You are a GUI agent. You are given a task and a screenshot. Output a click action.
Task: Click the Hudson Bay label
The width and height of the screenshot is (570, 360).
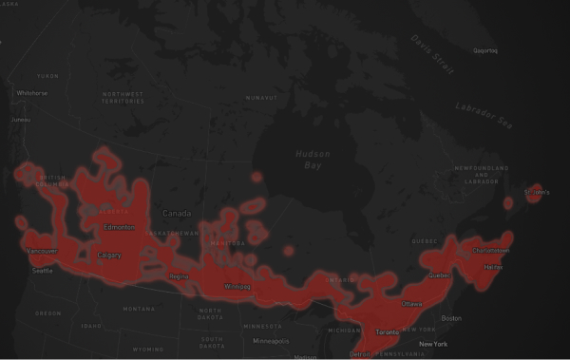311,159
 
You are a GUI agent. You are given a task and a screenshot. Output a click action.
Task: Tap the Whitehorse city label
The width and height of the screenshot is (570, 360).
31,93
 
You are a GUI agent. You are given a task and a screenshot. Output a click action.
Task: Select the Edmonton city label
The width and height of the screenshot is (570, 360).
118,227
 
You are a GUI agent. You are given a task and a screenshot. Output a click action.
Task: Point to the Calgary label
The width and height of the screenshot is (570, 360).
108,255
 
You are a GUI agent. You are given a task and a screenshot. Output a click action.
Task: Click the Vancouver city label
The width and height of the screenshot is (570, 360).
42,251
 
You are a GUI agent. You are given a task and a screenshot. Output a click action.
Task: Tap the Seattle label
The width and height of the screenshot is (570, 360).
43,271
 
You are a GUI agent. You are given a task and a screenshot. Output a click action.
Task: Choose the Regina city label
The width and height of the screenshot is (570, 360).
179,276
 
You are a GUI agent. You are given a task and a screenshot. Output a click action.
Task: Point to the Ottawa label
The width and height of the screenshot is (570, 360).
413,304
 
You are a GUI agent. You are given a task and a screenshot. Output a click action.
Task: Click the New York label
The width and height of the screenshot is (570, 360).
433,344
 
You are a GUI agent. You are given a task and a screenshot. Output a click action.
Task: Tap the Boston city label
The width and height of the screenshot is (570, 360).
451,318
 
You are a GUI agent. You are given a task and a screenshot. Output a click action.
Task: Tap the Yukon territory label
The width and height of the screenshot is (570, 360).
47,75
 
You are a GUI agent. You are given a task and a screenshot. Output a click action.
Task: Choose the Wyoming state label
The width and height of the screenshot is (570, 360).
148,349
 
